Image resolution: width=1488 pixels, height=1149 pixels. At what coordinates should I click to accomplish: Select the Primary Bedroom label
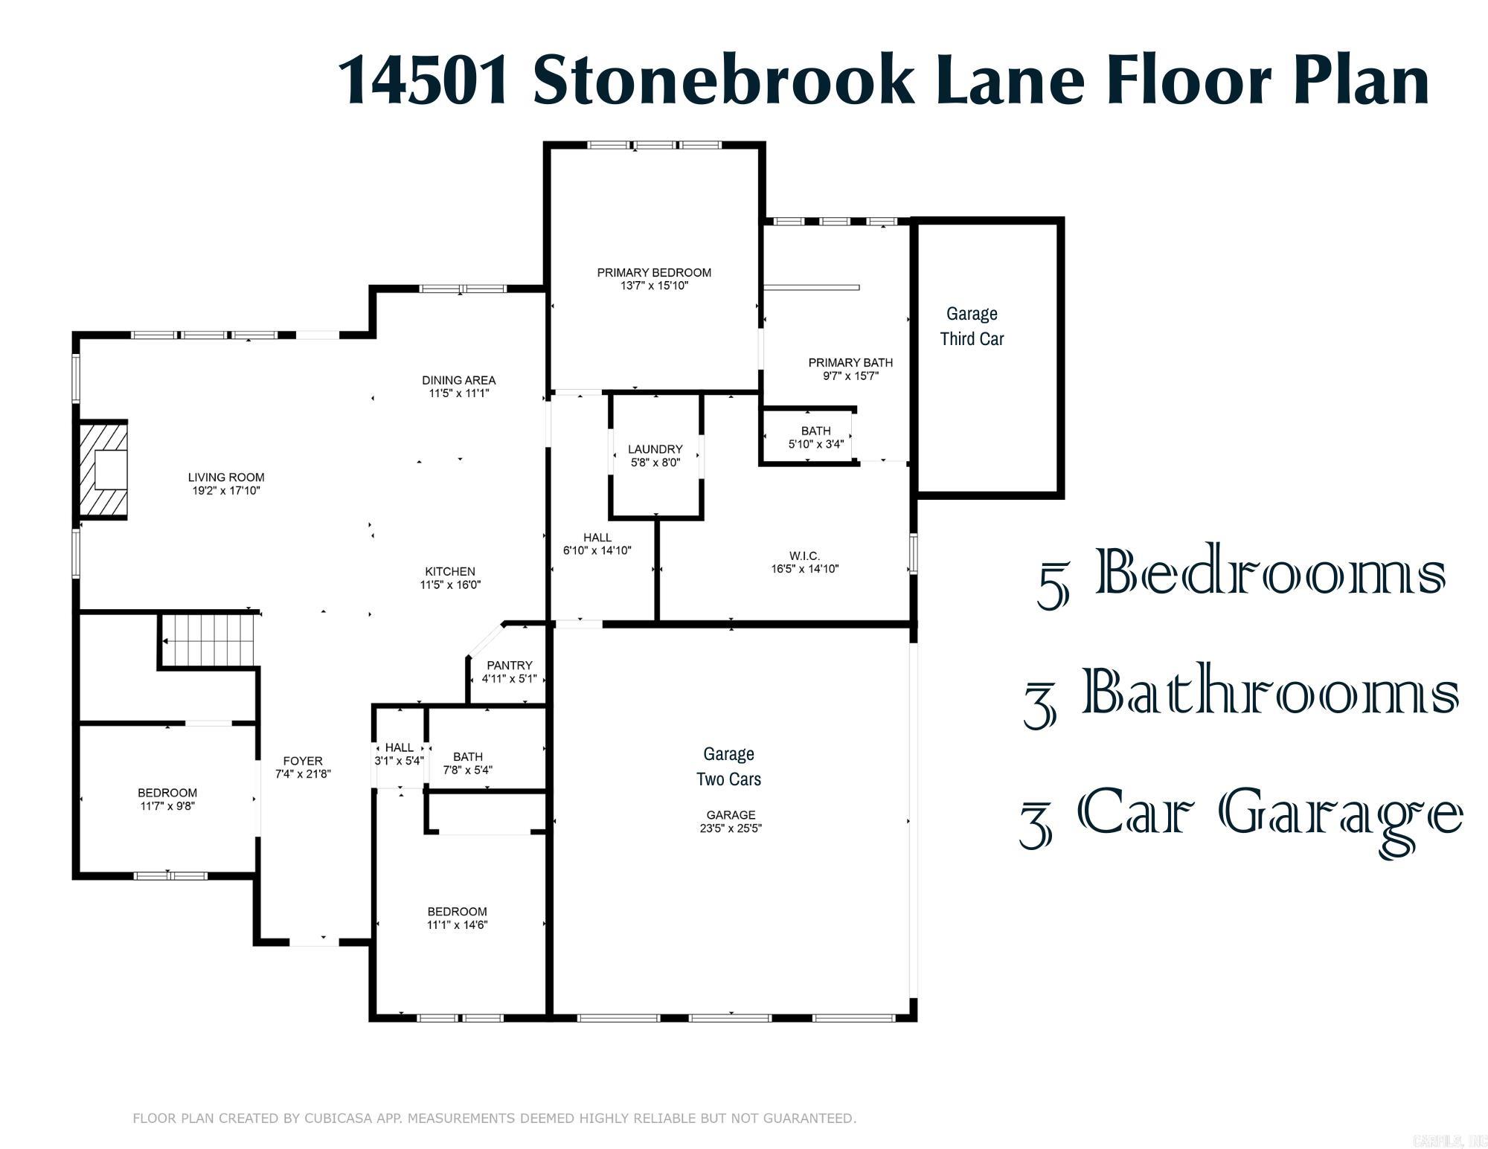point(654,273)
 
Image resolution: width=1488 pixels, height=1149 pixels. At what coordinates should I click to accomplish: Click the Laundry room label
point(655,449)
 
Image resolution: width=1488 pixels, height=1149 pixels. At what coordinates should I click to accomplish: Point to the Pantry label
point(510,666)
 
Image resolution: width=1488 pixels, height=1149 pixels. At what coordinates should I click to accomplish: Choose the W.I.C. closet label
point(804,556)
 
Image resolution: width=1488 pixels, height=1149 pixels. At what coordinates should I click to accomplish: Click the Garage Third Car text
point(972,326)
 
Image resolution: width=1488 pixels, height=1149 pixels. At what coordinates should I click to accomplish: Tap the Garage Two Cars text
point(728,767)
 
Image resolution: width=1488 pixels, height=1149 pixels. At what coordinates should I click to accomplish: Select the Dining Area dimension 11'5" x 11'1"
point(458,393)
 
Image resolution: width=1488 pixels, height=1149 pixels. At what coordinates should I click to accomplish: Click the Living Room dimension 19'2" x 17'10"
point(226,491)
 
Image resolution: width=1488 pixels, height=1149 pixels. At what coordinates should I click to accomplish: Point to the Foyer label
point(303,761)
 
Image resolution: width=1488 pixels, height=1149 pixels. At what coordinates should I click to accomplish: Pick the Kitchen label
point(450,571)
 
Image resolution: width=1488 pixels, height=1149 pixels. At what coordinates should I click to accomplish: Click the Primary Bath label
point(850,363)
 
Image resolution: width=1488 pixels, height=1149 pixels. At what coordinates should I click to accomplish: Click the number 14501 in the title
point(425,80)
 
